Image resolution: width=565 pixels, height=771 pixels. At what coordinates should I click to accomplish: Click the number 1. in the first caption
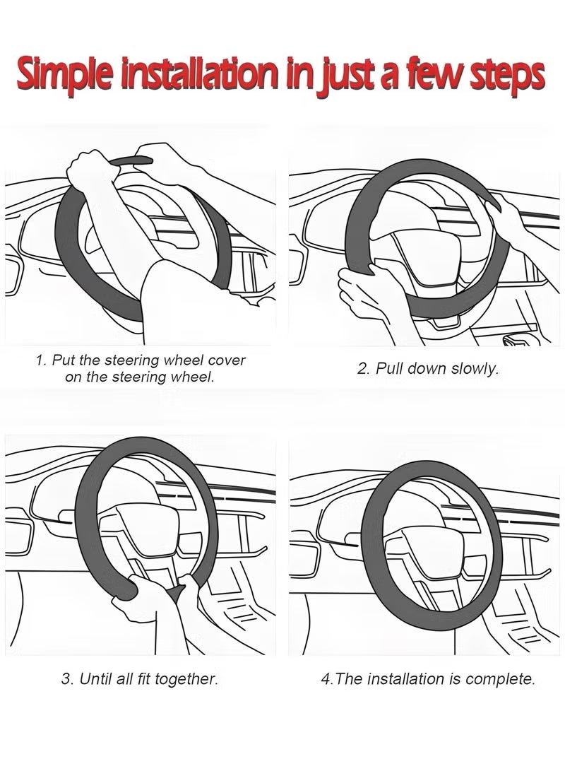point(42,360)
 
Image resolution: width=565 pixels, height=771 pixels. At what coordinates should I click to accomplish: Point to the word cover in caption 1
point(227,360)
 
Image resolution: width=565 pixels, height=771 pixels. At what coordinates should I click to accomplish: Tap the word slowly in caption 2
point(474,369)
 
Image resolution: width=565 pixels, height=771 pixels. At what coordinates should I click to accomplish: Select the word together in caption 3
point(186,679)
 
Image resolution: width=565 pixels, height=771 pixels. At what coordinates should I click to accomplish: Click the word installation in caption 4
point(405,679)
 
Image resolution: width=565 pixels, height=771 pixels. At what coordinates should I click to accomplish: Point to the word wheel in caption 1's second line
point(191,377)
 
